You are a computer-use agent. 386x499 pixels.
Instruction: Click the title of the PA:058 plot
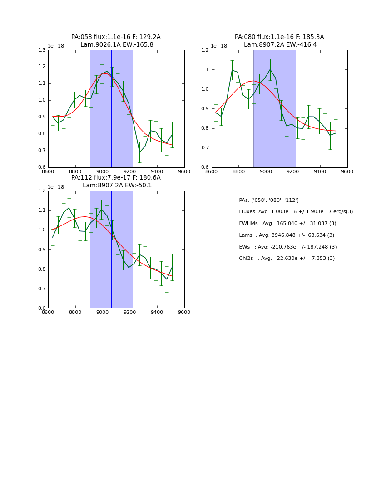(x=116, y=41)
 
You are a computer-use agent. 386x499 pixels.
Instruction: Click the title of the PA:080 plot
(x=279, y=41)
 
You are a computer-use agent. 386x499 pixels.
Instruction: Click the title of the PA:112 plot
(x=116, y=181)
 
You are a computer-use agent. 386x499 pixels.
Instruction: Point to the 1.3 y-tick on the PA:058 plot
(x=41, y=50)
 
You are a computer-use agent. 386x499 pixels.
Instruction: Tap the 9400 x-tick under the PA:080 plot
(x=320, y=171)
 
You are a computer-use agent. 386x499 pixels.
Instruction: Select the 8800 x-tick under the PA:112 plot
(x=75, y=312)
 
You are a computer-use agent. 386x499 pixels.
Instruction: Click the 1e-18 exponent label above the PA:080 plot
(x=219, y=46)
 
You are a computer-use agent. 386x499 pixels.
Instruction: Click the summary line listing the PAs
(x=269, y=200)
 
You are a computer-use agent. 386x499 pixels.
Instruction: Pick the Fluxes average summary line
(x=296, y=212)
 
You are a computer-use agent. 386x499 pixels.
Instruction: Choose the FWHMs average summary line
(x=287, y=224)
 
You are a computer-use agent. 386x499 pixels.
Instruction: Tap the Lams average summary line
(x=287, y=235)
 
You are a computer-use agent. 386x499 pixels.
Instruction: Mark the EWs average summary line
(x=288, y=247)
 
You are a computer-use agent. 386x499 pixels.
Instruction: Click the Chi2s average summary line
(x=287, y=259)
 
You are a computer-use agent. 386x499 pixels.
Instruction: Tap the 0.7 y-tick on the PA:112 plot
(x=41, y=289)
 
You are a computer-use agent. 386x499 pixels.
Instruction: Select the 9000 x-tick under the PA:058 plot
(x=103, y=171)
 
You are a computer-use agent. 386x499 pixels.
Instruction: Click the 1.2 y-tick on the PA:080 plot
(x=205, y=50)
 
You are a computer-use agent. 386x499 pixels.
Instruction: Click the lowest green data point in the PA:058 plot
(x=139, y=152)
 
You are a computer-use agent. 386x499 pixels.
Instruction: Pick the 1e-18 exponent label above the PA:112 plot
(x=56, y=187)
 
